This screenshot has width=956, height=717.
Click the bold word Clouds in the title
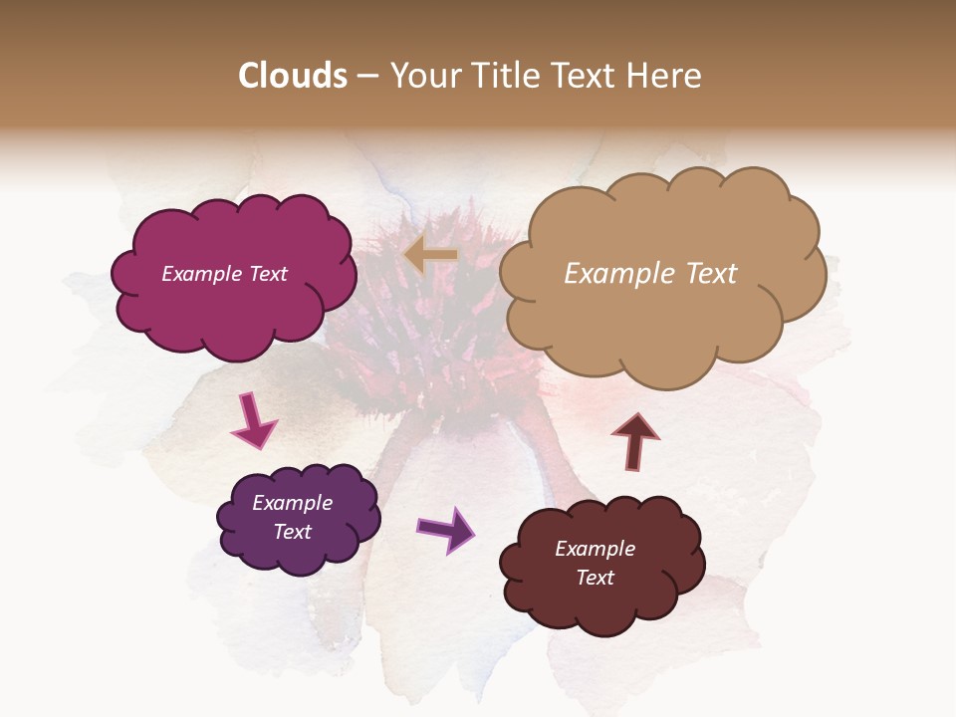(x=293, y=76)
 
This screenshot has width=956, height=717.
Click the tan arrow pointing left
(x=430, y=256)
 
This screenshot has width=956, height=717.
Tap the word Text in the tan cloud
(x=706, y=274)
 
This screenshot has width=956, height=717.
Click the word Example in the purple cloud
(x=292, y=503)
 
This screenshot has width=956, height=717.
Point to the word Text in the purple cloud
(x=292, y=532)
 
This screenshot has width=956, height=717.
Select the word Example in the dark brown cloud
(x=595, y=549)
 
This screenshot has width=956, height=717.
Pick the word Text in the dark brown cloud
(x=595, y=578)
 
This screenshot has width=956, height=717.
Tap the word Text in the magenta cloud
(x=268, y=274)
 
